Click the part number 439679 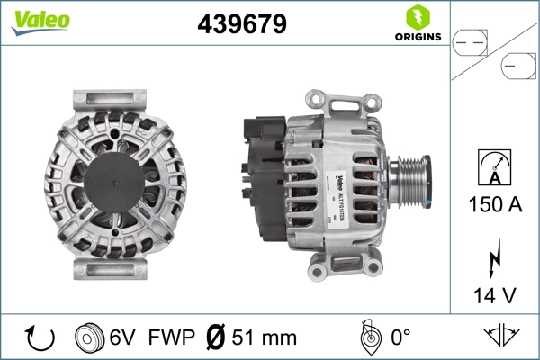(x=241, y=24)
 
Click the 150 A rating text (x=494, y=204)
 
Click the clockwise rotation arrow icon (x=39, y=337)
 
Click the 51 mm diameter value (x=265, y=337)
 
